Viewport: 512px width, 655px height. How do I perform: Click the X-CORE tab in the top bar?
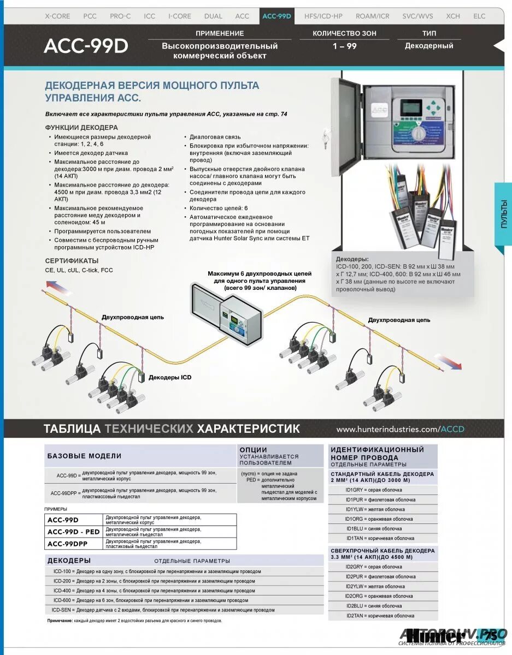57,16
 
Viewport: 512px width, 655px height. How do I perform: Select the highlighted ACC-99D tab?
277,16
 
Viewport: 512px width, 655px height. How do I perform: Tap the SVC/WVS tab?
417,16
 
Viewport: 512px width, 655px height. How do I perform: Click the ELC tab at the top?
479,16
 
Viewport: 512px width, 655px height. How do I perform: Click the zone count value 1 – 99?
344,46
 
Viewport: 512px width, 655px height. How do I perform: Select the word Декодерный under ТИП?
429,46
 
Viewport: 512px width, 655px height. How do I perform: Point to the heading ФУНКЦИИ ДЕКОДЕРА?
81,127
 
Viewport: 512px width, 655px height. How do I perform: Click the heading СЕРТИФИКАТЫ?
72,261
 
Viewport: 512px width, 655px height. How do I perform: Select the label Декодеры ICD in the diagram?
170,377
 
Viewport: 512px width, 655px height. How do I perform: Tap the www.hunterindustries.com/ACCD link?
400,429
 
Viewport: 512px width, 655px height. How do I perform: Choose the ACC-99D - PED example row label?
74,532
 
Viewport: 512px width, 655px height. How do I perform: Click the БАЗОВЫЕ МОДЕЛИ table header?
84,456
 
